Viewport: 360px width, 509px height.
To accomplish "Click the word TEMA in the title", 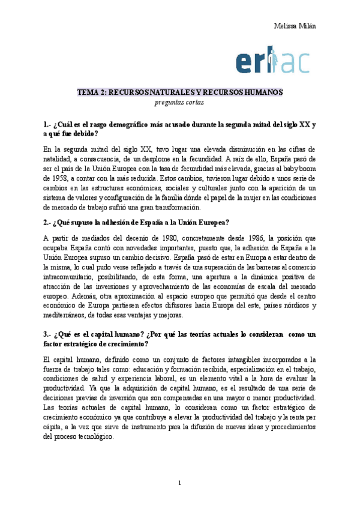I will (88, 92).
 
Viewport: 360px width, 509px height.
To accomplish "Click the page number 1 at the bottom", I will (180, 483).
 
